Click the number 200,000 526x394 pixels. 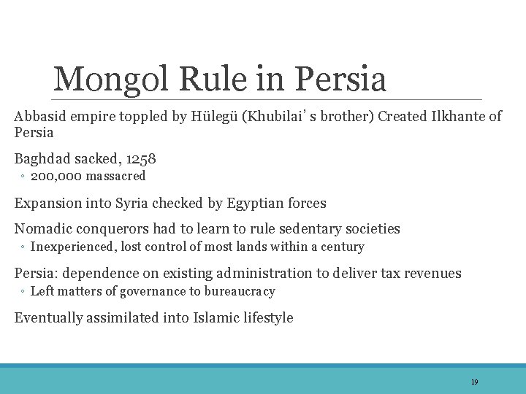click(x=56, y=176)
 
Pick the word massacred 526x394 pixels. click(x=115, y=176)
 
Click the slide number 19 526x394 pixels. click(x=474, y=382)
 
